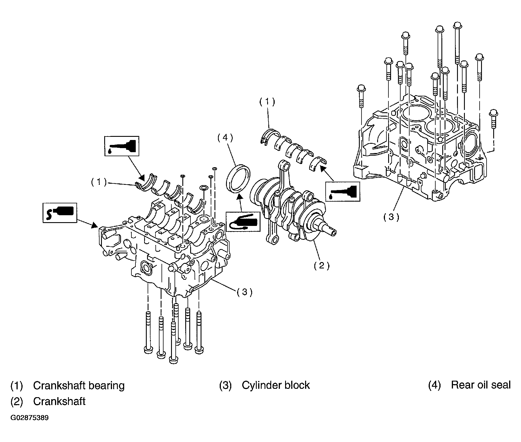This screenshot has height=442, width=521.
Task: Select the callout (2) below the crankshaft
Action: tap(322, 265)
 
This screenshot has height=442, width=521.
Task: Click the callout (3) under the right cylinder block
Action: tap(391, 217)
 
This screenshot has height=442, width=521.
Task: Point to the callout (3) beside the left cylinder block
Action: tap(245, 292)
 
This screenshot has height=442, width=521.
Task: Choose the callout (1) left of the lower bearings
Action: tap(99, 182)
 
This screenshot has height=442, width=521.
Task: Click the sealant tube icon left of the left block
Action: tap(60, 213)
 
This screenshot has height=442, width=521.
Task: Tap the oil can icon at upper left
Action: tap(122, 146)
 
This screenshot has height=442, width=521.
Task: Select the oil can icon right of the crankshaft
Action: tap(343, 191)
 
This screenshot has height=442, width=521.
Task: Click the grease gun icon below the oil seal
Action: tap(243, 221)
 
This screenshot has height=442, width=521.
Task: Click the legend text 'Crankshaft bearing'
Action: tap(79, 386)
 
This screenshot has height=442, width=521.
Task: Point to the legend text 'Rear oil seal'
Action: tap(481, 385)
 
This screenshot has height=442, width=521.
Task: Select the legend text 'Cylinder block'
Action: tap(276, 385)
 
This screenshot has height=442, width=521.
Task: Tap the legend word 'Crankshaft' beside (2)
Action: tap(59, 402)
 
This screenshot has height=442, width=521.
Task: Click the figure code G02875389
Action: tap(30, 418)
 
